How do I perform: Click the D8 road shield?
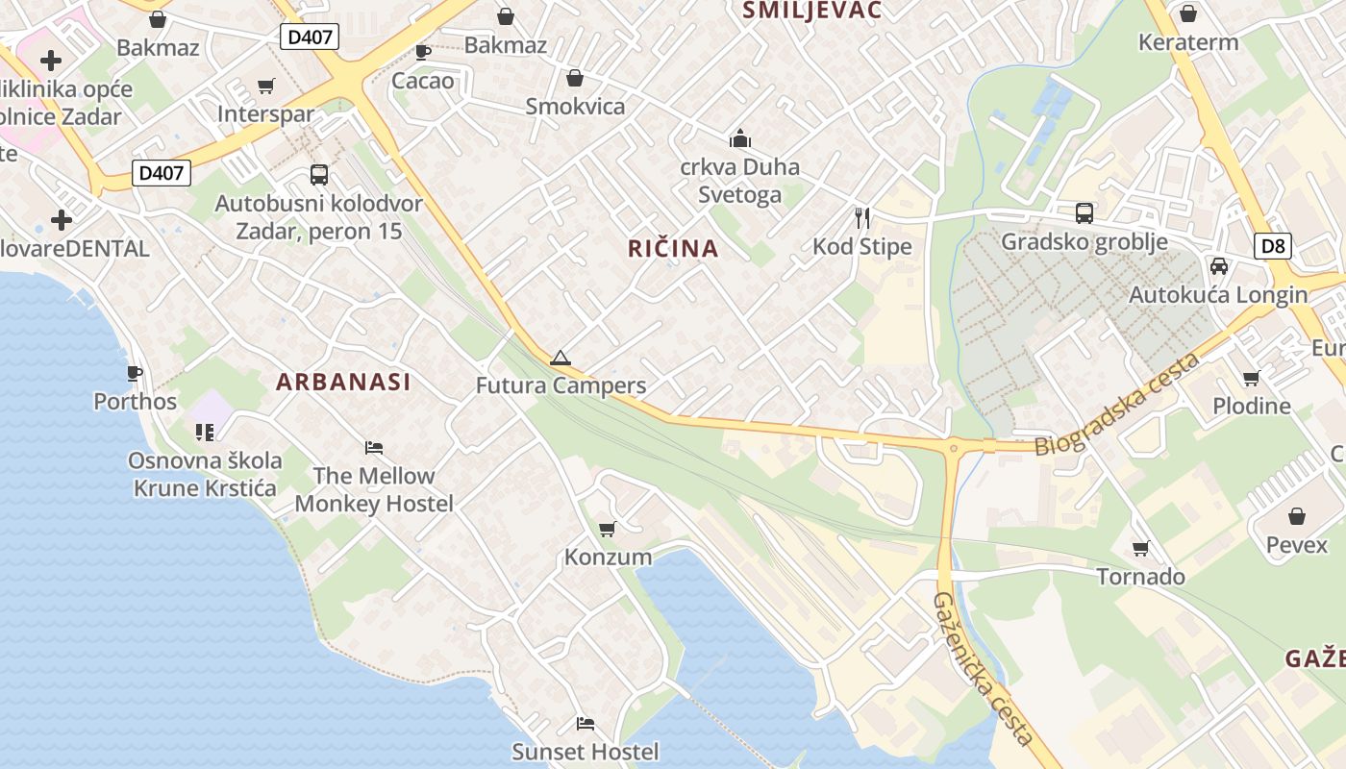pyautogui.click(x=1273, y=246)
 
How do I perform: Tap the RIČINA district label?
pyautogui.click(x=673, y=249)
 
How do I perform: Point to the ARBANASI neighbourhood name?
pyautogui.click(x=343, y=382)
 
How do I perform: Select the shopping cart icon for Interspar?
pyautogui.click(x=266, y=87)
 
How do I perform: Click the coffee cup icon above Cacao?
pyautogui.click(x=422, y=51)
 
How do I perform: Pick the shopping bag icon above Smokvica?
pyautogui.click(x=575, y=78)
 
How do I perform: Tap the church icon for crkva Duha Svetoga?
pyautogui.click(x=740, y=138)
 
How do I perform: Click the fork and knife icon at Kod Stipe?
pyautogui.click(x=862, y=218)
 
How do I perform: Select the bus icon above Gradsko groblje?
pyautogui.click(x=1084, y=212)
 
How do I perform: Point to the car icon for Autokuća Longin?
pyautogui.click(x=1219, y=265)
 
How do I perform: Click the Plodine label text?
pyautogui.click(x=1252, y=406)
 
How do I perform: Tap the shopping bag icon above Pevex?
pyautogui.click(x=1297, y=516)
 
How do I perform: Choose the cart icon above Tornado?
pyautogui.click(x=1141, y=548)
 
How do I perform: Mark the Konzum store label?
pyautogui.click(x=608, y=558)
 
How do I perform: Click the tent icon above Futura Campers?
pyautogui.click(x=560, y=359)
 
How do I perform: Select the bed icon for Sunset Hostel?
pyautogui.click(x=585, y=723)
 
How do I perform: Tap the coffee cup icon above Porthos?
pyautogui.click(x=135, y=373)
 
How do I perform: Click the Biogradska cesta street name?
pyautogui.click(x=1117, y=406)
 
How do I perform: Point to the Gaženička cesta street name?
pyautogui.click(x=982, y=668)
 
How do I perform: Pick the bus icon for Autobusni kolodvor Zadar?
pyautogui.click(x=319, y=174)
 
